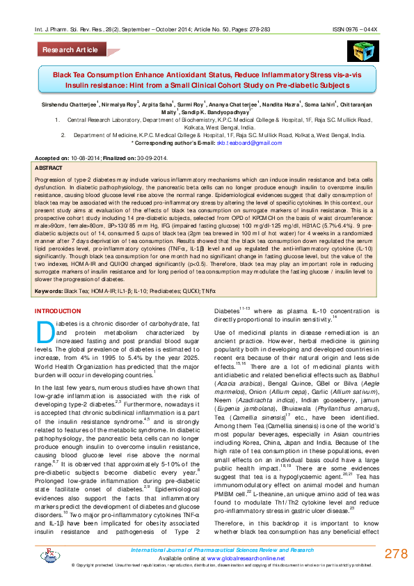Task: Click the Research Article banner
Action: [x=70, y=50]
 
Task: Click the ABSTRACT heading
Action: [x=48, y=169]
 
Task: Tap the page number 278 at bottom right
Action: [x=395, y=553]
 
